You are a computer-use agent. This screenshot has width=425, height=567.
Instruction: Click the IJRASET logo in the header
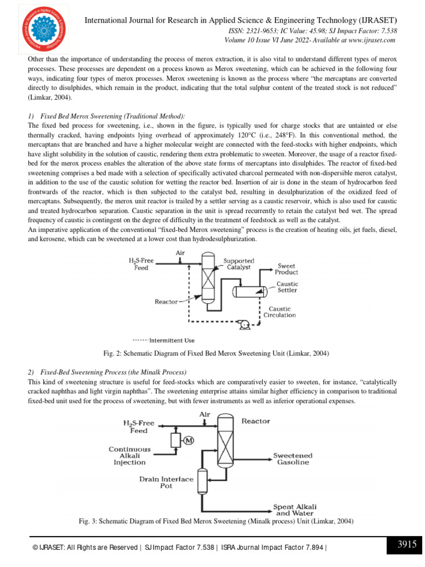pos(40,28)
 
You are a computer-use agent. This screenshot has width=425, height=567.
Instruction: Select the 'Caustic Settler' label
pos(287,287)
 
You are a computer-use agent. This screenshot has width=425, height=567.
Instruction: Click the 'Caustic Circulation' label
pos(282,312)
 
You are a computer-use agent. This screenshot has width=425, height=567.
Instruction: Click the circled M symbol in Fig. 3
pos(188,440)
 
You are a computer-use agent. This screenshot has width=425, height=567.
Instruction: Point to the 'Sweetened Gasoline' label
pos(293,459)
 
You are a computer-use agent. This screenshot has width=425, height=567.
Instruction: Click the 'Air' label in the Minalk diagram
pos(205,414)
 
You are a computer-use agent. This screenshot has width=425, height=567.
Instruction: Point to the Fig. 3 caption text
pos(212,521)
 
